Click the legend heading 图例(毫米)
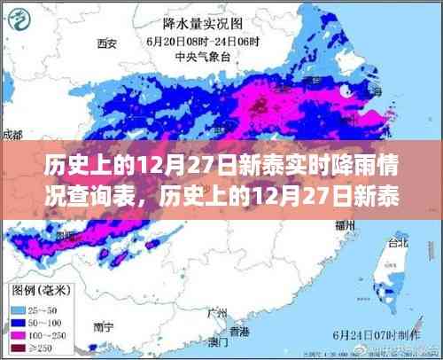coord(42,289)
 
